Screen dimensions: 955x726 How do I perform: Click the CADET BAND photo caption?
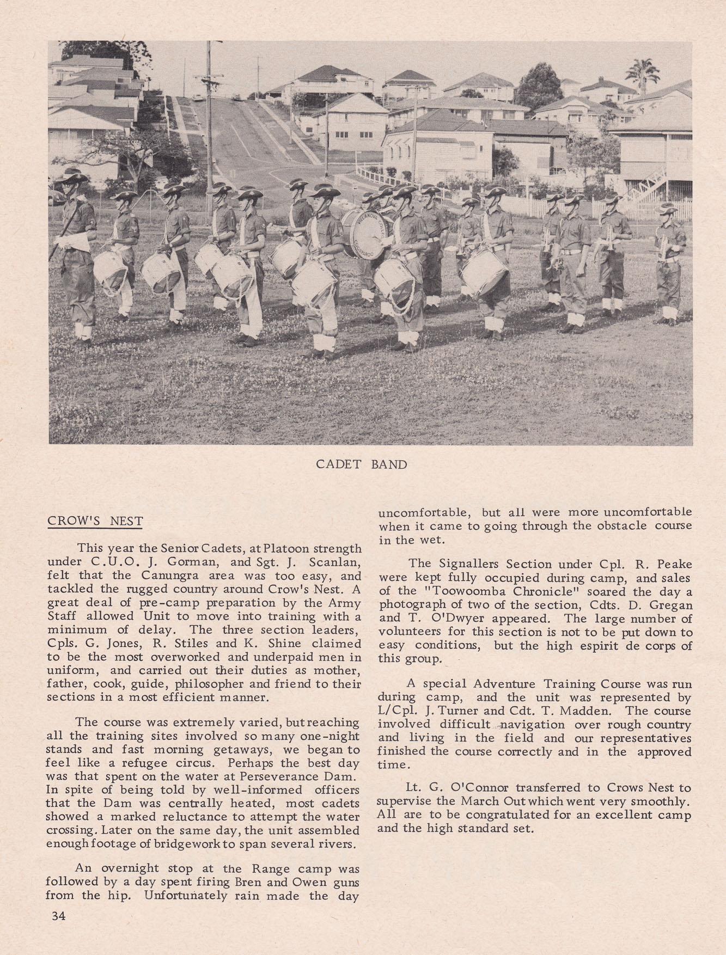(362, 465)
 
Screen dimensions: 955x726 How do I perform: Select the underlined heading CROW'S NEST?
(95, 521)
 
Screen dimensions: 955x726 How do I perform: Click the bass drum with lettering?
(362, 233)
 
